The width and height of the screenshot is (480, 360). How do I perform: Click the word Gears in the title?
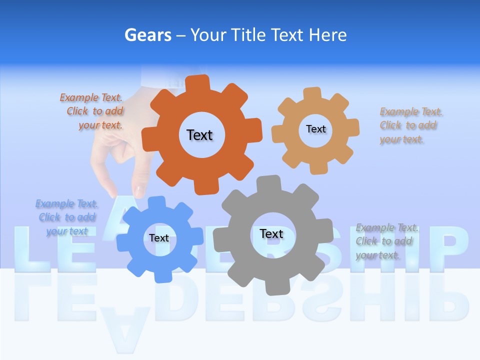(148, 35)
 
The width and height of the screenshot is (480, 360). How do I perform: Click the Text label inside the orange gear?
(199, 135)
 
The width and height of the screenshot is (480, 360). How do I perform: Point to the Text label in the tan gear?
(315, 129)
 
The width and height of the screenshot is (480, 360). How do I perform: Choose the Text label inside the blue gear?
(159, 238)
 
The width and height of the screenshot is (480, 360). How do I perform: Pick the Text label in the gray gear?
(271, 233)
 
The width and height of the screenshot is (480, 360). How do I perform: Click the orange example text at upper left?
(93, 111)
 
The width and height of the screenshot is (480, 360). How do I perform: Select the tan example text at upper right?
(409, 125)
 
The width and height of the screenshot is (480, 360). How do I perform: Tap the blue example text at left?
(66, 217)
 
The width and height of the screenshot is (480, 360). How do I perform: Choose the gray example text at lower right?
(386, 241)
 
